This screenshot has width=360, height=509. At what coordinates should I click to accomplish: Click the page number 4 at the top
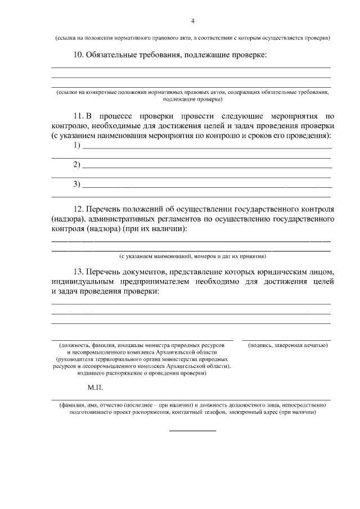click(x=192, y=21)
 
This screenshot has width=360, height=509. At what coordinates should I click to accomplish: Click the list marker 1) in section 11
click(x=77, y=146)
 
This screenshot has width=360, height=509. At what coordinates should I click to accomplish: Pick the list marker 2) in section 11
click(x=77, y=165)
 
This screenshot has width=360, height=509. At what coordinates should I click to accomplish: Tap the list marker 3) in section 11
click(x=77, y=184)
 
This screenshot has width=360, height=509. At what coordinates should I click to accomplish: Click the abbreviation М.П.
click(x=95, y=388)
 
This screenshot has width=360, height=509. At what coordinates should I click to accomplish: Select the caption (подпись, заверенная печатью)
click(x=287, y=344)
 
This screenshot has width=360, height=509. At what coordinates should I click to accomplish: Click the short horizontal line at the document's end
click(x=192, y=431)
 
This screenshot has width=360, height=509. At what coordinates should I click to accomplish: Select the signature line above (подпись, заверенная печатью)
click(x=287, y=340)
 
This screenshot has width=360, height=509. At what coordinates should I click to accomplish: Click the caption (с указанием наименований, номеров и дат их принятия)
click(x=192, y=255)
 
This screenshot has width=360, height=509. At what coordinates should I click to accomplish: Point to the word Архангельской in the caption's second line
click(x=172, y=351)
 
